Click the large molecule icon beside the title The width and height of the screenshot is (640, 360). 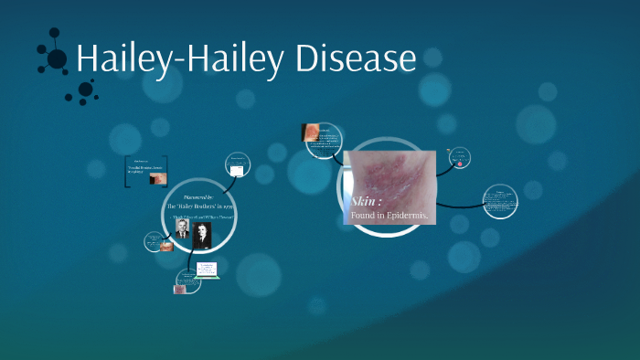(56, 58)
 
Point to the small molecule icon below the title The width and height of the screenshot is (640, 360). (85, 90)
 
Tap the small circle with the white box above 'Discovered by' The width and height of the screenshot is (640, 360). (237, 170)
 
